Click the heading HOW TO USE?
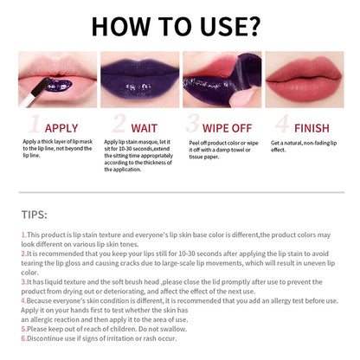(x=180, y=26)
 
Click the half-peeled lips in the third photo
(x=221, y=82)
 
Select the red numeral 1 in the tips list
(x=23, y=235)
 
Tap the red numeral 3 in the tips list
(x=23, y=281)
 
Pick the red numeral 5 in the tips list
(x=23, y=329)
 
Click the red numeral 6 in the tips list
(x=23, y=338)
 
